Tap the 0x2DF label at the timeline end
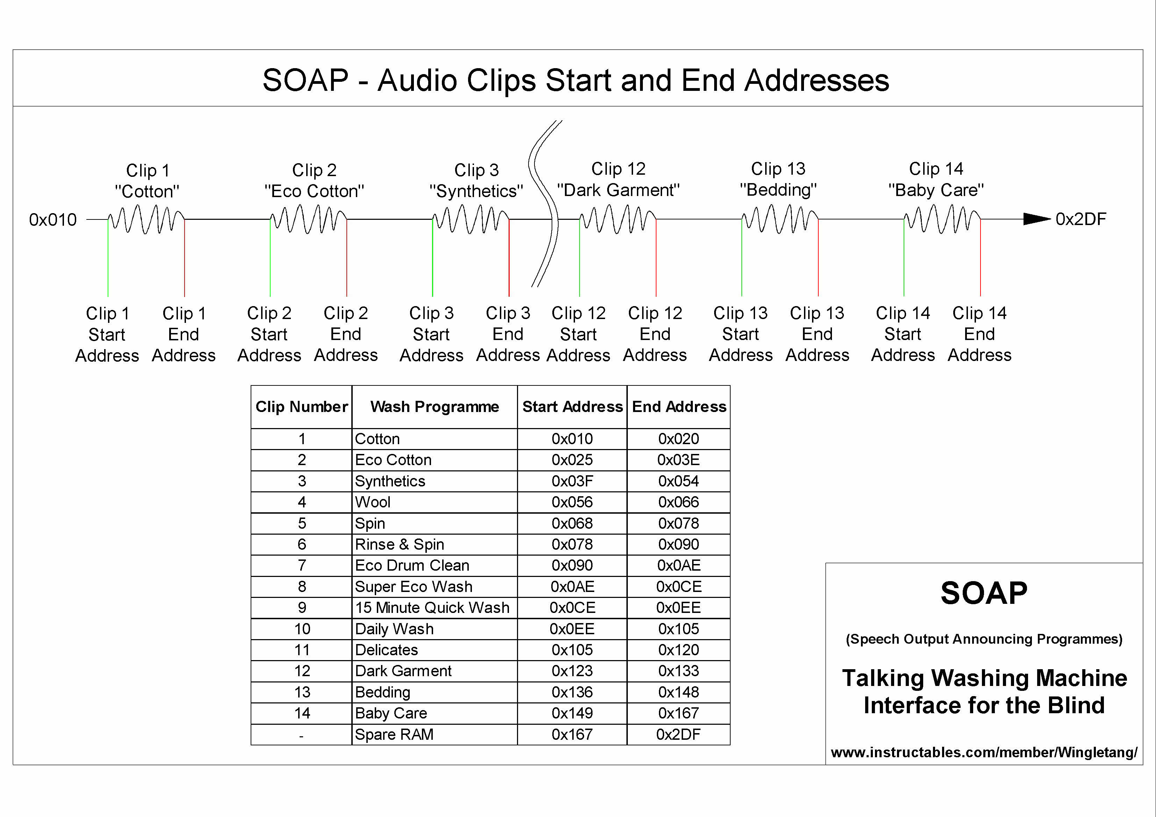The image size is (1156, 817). coord(1080,219)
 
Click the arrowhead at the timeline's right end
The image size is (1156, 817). coord(1036,219)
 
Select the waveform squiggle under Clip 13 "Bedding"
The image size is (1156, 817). coord(780,219)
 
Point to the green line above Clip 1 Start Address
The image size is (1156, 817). coord(108,262)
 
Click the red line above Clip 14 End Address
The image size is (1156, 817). coord(980,262)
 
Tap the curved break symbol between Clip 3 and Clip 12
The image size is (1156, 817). coord(546,204)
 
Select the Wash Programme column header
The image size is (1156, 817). coord(435,407)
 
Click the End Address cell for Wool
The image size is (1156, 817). coord(678,502)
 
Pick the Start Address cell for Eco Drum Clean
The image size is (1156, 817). coord(572,565)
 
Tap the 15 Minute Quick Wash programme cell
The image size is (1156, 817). coord(432,608)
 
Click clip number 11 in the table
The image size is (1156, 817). coord(302,650)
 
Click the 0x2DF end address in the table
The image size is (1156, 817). coord(678,735)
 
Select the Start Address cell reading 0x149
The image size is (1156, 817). coord(572,713)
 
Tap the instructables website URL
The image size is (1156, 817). coord(984,753)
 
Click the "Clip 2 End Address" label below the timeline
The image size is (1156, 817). coord(346,334)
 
